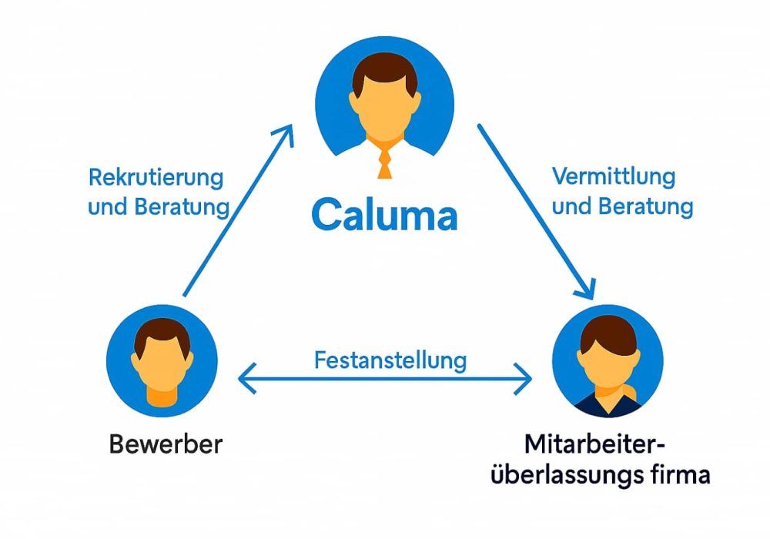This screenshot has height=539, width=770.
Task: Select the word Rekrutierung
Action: point(156,178)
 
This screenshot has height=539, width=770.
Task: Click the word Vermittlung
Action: point(614,176)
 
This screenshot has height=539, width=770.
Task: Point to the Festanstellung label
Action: point(390,360)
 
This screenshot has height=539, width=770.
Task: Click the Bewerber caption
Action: point(166,444)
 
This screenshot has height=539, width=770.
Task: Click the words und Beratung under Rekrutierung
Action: point(158,207)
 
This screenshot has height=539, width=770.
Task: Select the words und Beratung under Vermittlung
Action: point(622,206)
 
